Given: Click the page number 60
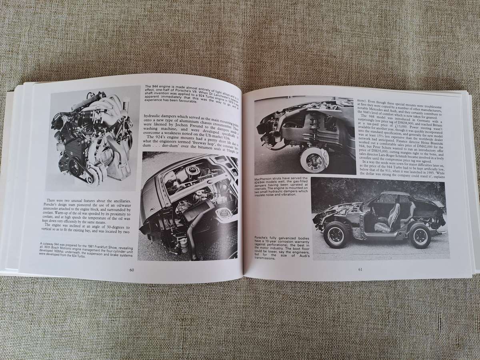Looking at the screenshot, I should click(x=132, y=269).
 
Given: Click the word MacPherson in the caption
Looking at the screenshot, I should click(x=267, y=178).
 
